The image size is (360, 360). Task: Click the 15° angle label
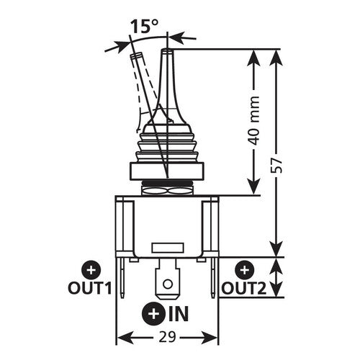pyautogui.click(x=143, y=27)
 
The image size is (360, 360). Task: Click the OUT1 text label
pyautogui.click(x=91, y=288)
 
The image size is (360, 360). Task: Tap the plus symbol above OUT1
pyautogui.click(x=91, y=270)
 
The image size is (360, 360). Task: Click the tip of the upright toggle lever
pyautogui.click(x=167, y=52)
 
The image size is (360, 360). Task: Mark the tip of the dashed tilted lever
pyautogui.click(x=135, y=56)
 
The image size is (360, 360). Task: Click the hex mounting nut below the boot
pyautogui.click(x=168, y=171)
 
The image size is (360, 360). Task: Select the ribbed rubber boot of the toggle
pyautogui.click(x=167, y=144)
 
